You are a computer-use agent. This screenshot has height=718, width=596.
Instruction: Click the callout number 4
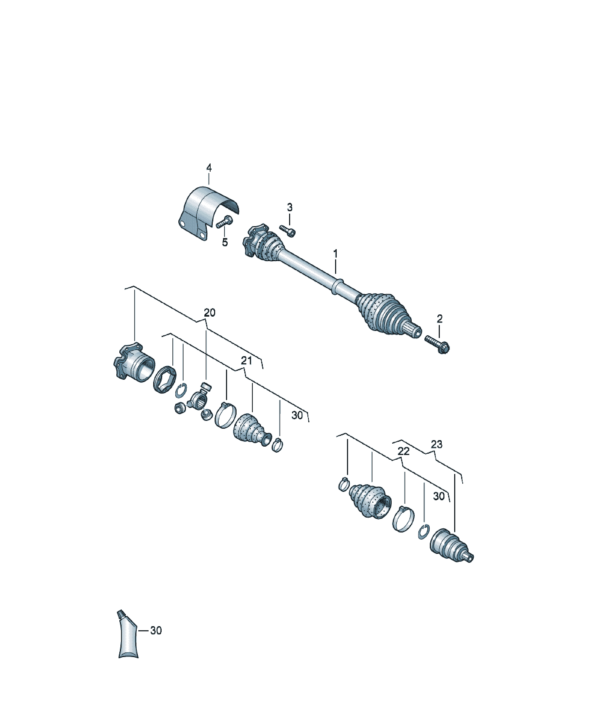click(x=209, y=168)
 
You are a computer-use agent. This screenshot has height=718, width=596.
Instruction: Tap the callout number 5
click(x=225, y=242)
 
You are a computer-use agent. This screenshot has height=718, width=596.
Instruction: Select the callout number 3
click(x=289, y=207)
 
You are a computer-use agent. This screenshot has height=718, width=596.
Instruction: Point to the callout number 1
click(x=335, y=254)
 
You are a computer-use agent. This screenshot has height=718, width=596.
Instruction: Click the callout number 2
click(x=440, y=319)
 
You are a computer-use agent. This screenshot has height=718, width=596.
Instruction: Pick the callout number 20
click(x=209, y=313)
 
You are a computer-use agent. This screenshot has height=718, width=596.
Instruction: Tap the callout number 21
click(x=246, y=361)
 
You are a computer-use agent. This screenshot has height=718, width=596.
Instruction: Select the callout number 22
click(x=403, y=452)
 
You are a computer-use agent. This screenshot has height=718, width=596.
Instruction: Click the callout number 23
click(x=436, y=444)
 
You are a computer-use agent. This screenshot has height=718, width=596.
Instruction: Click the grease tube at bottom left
click(x=128, y=633)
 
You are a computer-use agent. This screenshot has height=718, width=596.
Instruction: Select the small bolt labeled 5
click(x=224, y=222)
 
